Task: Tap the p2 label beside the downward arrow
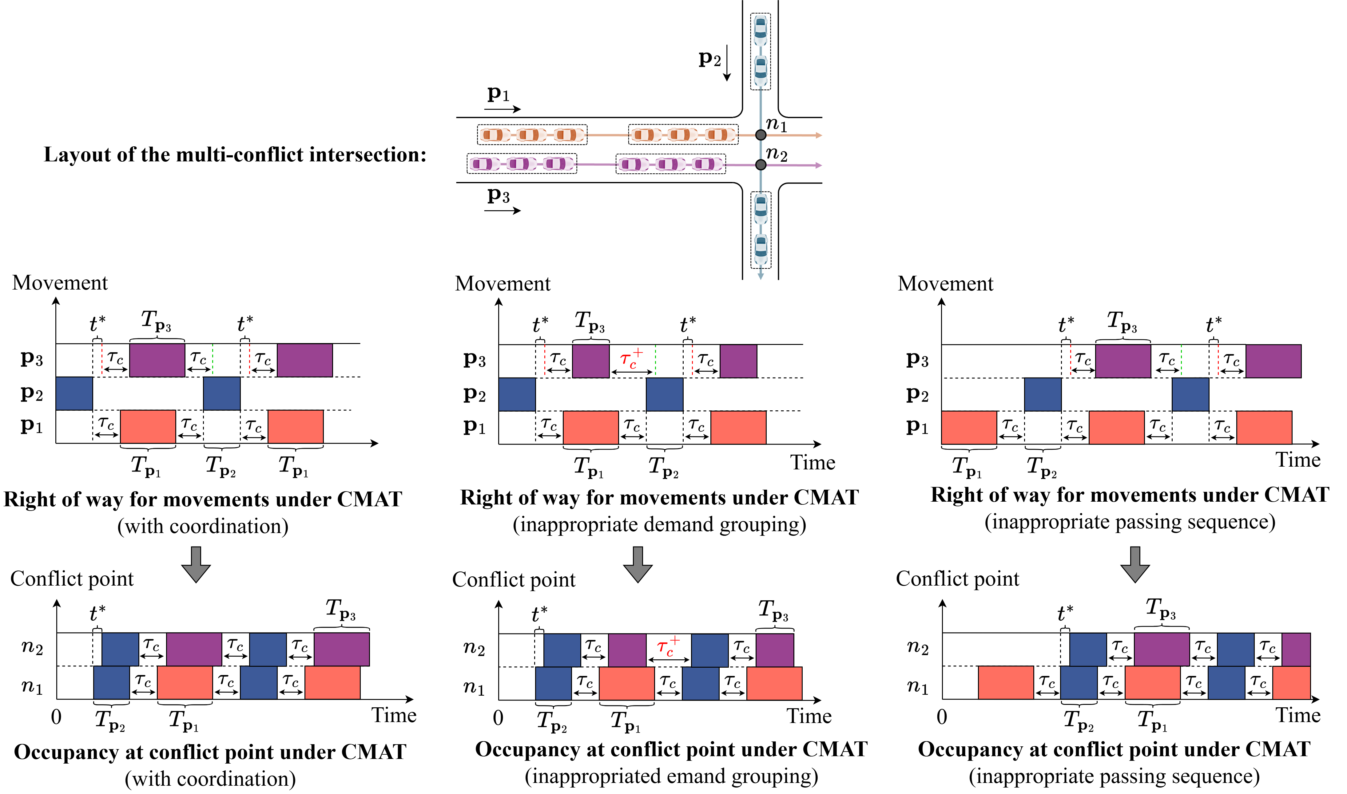pos(709,58)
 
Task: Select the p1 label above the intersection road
pos(498,94)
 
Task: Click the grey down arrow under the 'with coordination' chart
pos(196,564)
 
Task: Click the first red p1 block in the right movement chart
pos(969,428)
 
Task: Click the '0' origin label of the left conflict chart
pos(56,717)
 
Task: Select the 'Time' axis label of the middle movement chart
pos(813,462)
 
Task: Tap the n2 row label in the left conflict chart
pos(32,647)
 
